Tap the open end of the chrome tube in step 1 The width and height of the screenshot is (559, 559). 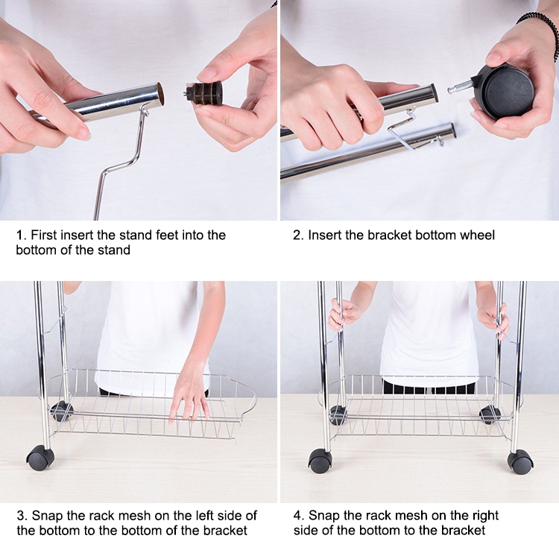[160, 94]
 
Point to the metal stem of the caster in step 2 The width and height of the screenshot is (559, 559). [461, 86]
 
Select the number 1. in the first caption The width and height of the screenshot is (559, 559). [22, 236]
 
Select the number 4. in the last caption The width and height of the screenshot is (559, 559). [299, 516]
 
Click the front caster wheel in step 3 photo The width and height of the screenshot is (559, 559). [40, 458]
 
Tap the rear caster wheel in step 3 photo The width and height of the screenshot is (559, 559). [61, 411]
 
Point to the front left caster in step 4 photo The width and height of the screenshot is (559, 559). [320, 461]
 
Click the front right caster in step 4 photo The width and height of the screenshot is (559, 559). [520, 461]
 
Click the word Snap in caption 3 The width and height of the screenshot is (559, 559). [46, 516]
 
